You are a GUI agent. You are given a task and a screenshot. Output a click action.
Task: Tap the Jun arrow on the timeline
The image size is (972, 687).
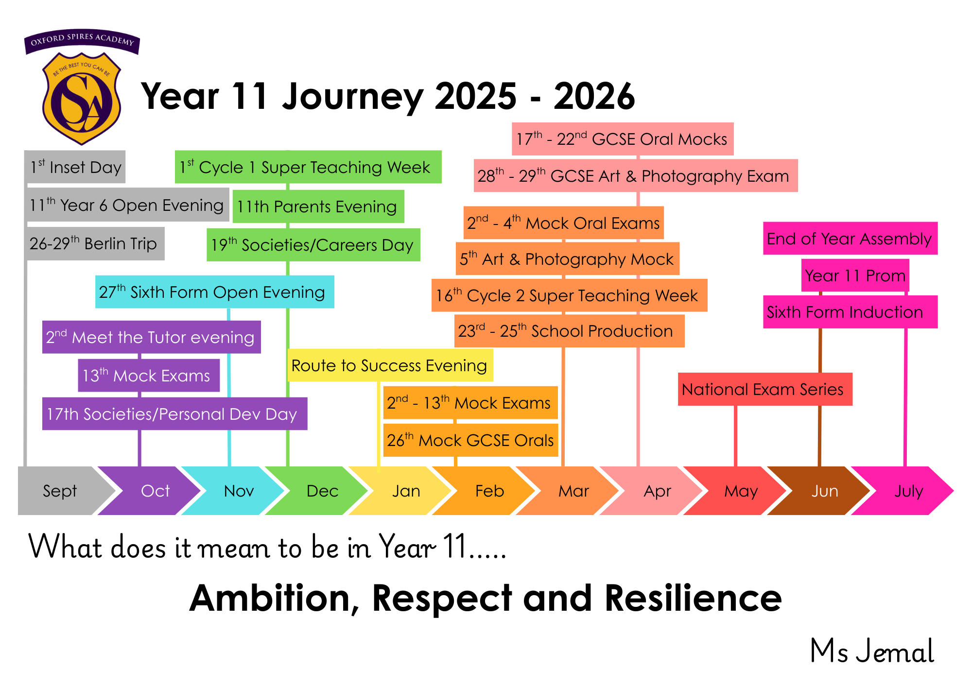click(x=821, y=491)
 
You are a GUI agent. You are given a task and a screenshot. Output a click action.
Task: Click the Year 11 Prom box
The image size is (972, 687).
click(x=855, y=275)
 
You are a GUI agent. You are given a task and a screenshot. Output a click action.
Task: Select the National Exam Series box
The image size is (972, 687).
click(x=765, y=389)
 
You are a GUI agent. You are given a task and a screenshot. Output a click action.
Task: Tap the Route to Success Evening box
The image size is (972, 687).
click(x=390, y=365)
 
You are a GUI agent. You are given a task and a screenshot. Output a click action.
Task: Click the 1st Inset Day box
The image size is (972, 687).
click(x=75, y=167)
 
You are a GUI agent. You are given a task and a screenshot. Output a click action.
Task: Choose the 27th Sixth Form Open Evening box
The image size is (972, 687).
click(x=215, y=292)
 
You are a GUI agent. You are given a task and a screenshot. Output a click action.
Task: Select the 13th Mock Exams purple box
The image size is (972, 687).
click(x=149, y=376)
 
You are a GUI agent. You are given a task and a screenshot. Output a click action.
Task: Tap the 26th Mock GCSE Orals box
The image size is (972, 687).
click(x=470, y=440)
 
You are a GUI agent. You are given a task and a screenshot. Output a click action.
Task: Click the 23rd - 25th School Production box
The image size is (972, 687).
click(x=570, y=331)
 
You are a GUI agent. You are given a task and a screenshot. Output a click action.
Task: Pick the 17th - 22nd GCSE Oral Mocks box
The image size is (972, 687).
click(x=623, y=139)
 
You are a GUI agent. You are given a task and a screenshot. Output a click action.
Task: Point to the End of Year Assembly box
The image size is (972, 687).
click(x=850, y=239)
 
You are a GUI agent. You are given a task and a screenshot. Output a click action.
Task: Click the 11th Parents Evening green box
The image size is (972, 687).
click(x=318, y=206)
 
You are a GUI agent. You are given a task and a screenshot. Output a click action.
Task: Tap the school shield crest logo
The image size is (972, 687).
click(x=82, y=99)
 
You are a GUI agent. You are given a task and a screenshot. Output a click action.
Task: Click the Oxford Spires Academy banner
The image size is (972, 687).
click(x=82, y=41)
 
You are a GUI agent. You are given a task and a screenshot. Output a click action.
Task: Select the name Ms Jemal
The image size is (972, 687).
click(x=872, y=651)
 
